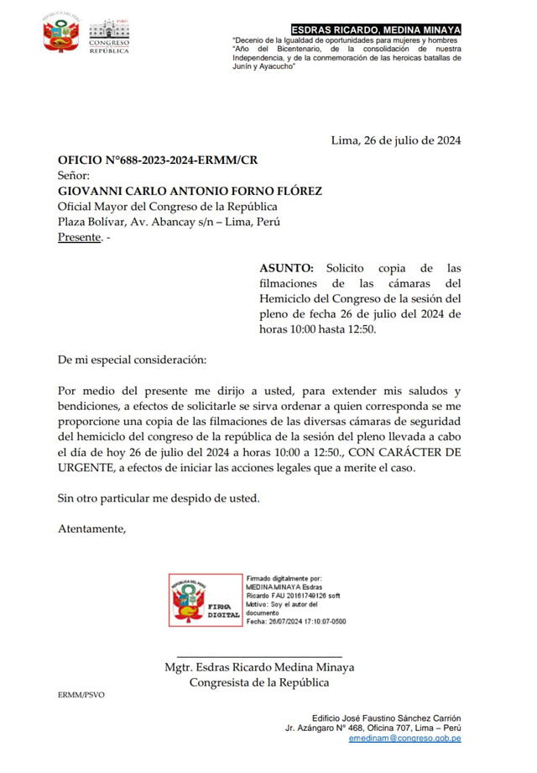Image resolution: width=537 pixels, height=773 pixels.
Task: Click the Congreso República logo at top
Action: [x=109, y=37]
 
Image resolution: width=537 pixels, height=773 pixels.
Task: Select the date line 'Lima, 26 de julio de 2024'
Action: [x=396, y=140]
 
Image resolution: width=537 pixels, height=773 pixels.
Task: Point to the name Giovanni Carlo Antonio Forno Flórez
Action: [x=190, y=191]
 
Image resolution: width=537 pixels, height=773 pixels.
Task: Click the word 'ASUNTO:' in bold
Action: [x=285, y=268]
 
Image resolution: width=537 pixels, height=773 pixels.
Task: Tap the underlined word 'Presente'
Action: [x=78, y=238]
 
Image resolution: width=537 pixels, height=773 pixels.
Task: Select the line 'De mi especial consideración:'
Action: [x=131, y=360]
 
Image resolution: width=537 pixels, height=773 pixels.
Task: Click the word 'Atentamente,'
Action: [x=91, y=528]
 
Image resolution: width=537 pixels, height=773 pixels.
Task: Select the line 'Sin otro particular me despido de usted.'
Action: [x=159, y=497]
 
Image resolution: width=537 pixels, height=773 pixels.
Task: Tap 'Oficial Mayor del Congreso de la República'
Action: [x=167, y=207]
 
